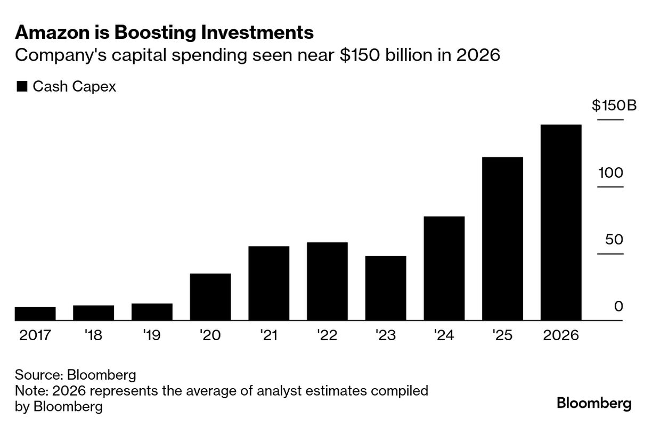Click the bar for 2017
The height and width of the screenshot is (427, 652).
[35, 314]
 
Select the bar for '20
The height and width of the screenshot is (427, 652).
[210, 297]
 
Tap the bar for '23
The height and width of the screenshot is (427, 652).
[386, 288]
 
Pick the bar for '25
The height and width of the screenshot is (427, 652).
[502, 239]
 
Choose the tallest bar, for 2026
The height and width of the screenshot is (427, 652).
[561, 223]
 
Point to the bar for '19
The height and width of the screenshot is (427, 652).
[152, 312]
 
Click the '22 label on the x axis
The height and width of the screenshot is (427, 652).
[327, 336]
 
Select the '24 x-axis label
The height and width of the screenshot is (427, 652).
[443, 336]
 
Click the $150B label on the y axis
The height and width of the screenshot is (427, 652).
[614, 105]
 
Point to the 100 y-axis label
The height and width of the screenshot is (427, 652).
[610, 173]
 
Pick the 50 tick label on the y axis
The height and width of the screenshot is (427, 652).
[614, 240]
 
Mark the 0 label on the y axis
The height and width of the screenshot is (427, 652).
[618, 307]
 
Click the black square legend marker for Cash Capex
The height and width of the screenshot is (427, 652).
[22, 87]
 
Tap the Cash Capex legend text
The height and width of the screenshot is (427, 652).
[75, 87]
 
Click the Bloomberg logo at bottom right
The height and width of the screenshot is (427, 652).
[594, 403]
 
